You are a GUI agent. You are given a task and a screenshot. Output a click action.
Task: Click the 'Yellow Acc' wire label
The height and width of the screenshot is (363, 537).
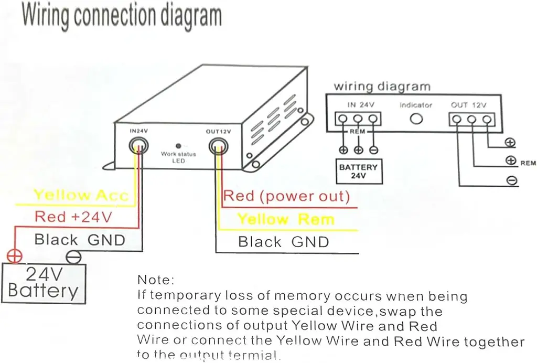(81, 196)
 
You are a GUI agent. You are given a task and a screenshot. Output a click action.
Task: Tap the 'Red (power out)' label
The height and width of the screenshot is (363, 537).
(286, 197)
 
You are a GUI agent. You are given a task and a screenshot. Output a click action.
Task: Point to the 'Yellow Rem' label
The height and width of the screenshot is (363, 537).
(286, 219)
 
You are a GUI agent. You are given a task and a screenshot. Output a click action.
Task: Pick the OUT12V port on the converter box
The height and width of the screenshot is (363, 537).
(218, 145)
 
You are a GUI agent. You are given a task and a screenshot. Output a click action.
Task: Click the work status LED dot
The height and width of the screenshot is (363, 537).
(178, 146)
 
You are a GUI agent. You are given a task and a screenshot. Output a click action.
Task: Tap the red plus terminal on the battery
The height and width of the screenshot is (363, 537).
(14, 257)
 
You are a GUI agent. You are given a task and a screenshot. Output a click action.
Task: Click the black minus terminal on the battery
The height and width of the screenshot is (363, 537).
(74, 257)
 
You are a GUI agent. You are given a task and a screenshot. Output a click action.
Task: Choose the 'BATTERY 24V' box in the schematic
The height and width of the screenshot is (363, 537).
(358, 172)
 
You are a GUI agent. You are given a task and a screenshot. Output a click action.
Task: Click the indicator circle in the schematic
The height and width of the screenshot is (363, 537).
(416, 119)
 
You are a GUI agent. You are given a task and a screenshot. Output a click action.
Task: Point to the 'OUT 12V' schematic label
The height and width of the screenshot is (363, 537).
(468, 105)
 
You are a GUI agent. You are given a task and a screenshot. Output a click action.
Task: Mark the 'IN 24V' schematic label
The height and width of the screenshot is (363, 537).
(360, 105)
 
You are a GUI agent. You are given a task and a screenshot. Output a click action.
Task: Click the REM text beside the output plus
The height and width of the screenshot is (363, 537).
(528, 163)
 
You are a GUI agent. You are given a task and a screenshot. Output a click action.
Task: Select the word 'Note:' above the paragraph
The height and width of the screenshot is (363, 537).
(155, 280)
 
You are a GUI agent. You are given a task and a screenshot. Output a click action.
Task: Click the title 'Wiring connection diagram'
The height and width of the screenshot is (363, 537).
(121, 16)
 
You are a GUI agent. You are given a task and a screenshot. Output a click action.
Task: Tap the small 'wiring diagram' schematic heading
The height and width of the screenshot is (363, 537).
(382, 86)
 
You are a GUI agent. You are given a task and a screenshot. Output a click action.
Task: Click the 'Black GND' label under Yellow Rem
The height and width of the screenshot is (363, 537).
(283, 242)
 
